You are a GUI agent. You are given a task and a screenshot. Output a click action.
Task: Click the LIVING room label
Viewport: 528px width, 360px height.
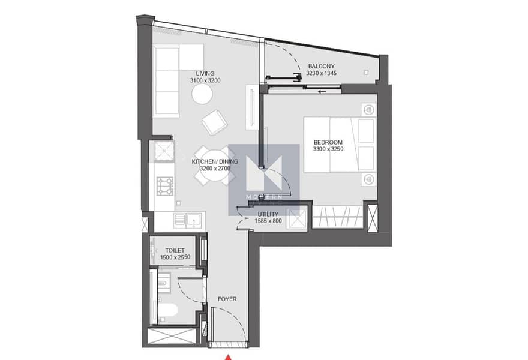click(205, 73)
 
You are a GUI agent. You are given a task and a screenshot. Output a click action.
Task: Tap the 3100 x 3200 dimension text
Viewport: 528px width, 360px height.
click(205, 80)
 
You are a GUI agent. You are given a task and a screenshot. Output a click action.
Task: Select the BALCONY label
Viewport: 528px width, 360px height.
click(321, 67)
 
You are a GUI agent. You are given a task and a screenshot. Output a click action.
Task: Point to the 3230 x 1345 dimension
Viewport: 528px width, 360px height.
click(321, 73)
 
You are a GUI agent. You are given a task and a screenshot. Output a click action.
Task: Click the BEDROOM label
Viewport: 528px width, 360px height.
click(328, 142)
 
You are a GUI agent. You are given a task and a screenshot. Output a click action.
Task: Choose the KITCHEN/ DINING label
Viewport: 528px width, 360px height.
click(215, 161)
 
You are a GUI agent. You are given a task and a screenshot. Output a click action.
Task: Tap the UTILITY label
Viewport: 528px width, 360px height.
click(268, 214)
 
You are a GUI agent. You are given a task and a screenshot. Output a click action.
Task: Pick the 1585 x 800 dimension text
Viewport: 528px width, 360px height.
click(268, 221)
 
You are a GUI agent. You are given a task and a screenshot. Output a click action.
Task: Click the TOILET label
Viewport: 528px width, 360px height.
click(175, 251)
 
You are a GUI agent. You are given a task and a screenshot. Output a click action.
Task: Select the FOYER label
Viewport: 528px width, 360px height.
click(227, 299)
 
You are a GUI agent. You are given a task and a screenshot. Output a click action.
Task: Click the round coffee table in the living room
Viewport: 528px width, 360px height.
click(202, 94)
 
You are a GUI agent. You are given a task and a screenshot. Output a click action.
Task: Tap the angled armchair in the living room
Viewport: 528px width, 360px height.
click(214, 122)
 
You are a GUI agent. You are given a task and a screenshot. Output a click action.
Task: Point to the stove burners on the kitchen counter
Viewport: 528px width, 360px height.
click(165, 186)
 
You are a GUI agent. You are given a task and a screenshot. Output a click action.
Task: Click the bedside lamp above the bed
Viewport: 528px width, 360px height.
click(369, 110)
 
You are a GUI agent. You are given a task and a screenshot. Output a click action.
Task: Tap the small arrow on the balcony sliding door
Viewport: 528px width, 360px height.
click(322, 91)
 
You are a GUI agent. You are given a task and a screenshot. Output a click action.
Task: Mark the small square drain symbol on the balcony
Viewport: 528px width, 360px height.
click(366, 73)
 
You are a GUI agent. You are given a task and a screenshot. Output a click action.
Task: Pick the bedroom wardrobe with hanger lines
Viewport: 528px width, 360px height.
click(337, 217)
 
